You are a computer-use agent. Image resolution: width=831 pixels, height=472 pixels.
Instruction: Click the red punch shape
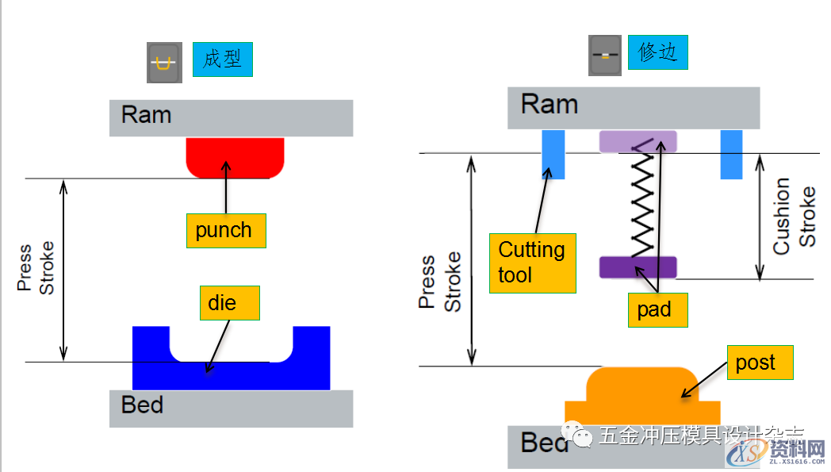tap(235, 157)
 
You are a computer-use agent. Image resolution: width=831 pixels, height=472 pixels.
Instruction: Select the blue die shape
tap(231, 374)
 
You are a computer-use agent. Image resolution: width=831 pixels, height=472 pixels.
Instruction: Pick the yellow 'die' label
tap(229, 303)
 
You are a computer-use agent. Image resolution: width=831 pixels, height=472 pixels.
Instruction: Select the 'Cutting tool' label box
tap(532, 263)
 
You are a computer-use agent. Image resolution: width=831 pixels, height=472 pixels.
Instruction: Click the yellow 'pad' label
tap(655, 310)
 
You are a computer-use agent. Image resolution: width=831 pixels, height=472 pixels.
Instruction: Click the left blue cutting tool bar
tap(553, 155)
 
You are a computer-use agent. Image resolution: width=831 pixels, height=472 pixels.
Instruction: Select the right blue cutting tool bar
tap(731, 155)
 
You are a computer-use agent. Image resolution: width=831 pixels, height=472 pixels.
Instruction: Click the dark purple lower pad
tap(638, 267)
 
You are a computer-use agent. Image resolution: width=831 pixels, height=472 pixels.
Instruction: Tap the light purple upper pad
tap(638, 141)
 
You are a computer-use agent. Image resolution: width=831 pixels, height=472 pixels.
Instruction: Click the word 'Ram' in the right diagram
tap(549, 104)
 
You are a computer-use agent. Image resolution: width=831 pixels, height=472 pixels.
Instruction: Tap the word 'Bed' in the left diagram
tap(142, 405)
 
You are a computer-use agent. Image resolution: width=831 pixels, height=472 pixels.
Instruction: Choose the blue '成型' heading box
tap(222, 59)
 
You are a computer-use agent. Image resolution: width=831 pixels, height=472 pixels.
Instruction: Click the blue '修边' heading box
tap(657, 52)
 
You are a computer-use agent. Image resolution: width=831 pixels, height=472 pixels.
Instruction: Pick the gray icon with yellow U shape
tap(164, 63)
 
